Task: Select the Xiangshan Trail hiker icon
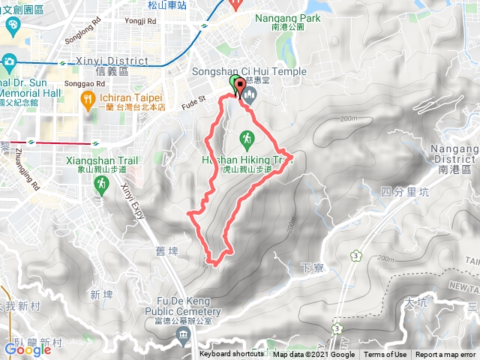point(103,184)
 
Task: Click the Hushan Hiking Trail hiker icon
point(246,138)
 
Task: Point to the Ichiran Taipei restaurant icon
point(87,97)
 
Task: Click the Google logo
point(28,349)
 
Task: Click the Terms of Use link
point(385,355)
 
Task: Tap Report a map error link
point(445,355)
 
